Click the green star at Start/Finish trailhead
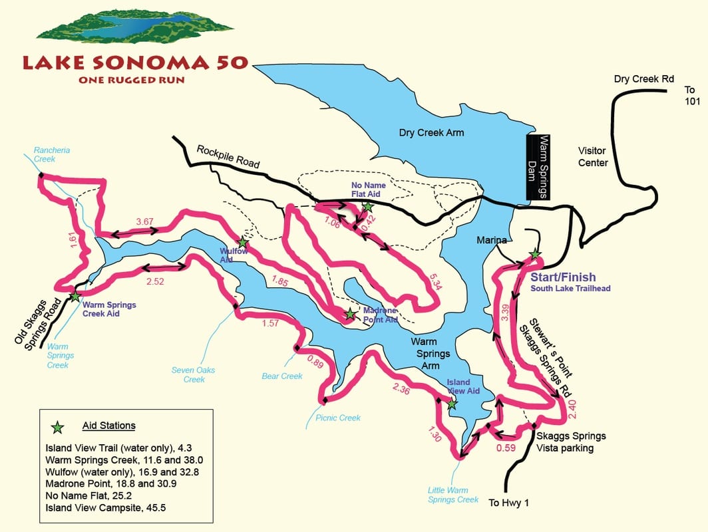click(534, 254)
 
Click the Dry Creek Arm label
click(431, 132)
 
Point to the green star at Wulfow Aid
click(243, 243)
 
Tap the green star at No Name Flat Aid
click(368, 207)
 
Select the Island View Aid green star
click(452, 404)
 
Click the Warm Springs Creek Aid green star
click(75, 296)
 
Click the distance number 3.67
click(145, 221)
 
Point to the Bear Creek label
click(282, 376)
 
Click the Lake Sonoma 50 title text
click(135, 63)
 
